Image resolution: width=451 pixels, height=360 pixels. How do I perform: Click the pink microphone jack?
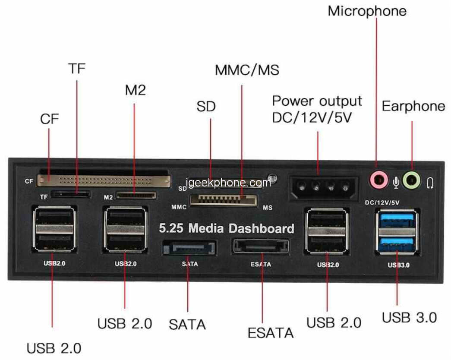[x=378, y=179]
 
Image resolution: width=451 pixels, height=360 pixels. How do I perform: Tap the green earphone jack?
[x=411, y=179]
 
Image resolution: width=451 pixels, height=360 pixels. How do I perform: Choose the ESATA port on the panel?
[x=261, y=247]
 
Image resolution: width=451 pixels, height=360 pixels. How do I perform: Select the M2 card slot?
[x=136, y=196]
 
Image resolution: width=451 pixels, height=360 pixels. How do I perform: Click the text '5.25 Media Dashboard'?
[x=227, y=228]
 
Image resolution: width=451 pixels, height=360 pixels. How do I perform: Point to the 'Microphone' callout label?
[x=367, y=11]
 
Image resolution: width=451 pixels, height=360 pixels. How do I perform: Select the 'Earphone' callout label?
[x=413, y=106]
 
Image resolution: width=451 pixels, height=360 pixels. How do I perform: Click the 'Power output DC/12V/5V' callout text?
[x=317, y=109]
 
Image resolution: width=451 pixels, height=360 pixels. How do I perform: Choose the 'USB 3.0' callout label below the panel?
[x=409, y=317]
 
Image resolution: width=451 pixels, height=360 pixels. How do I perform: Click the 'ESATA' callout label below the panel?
[x=270, y=333]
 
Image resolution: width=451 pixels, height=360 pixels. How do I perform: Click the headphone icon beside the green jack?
[x=430, y=183]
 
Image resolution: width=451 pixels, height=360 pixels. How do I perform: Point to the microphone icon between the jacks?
[x=395, y=183]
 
